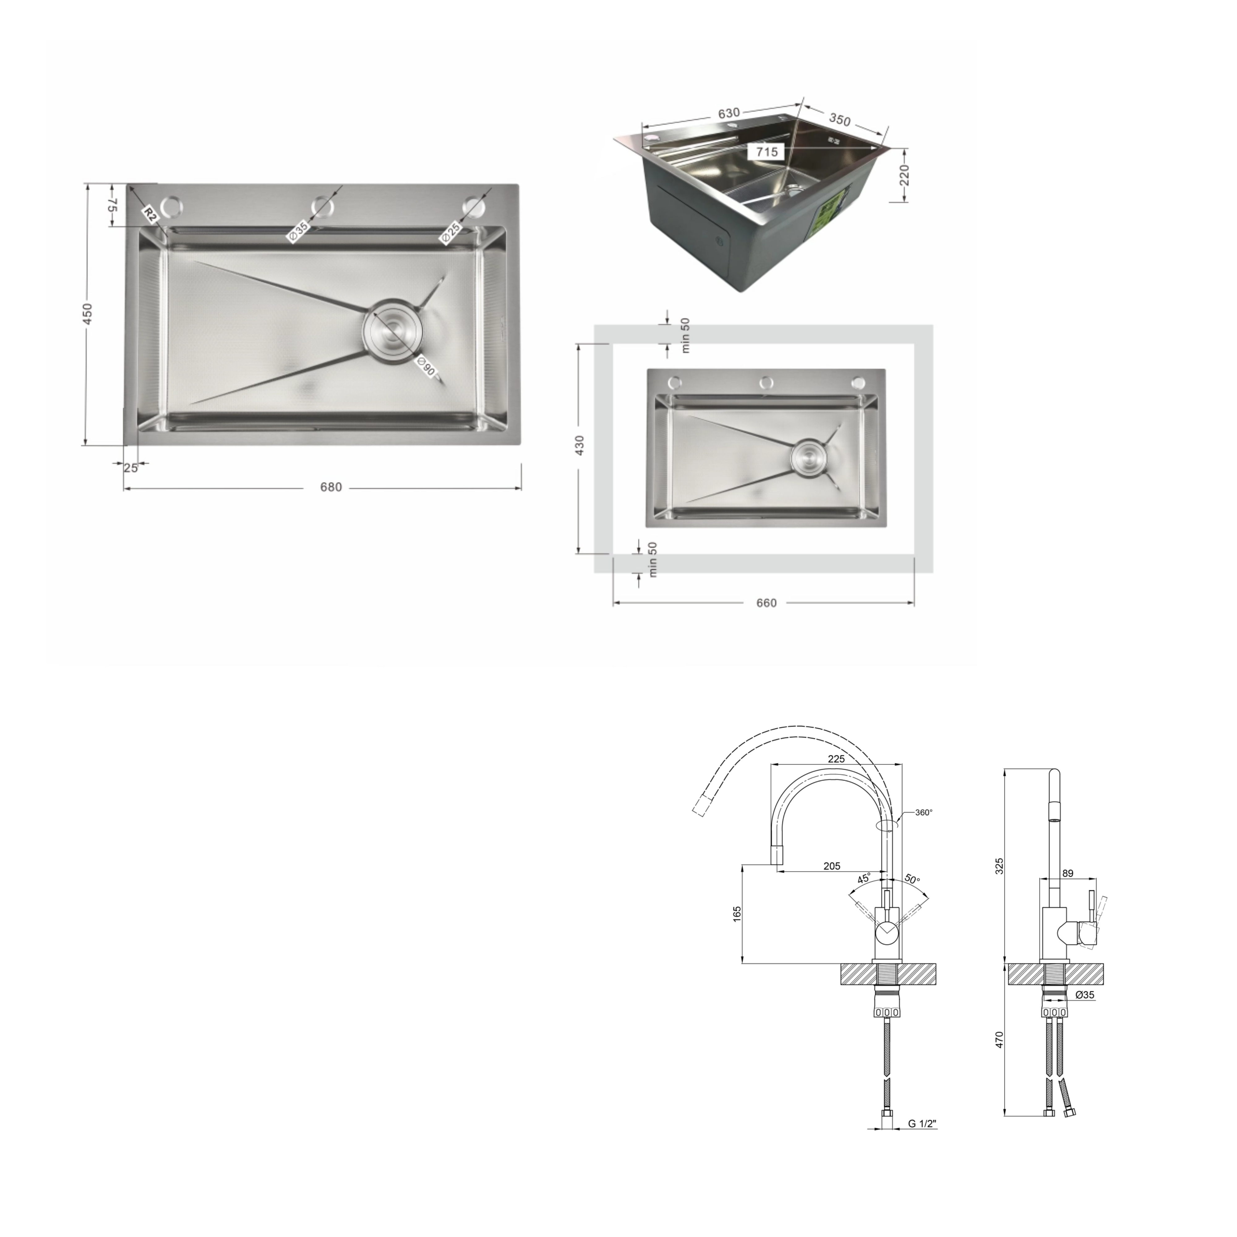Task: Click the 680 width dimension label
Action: click(331, 487)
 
